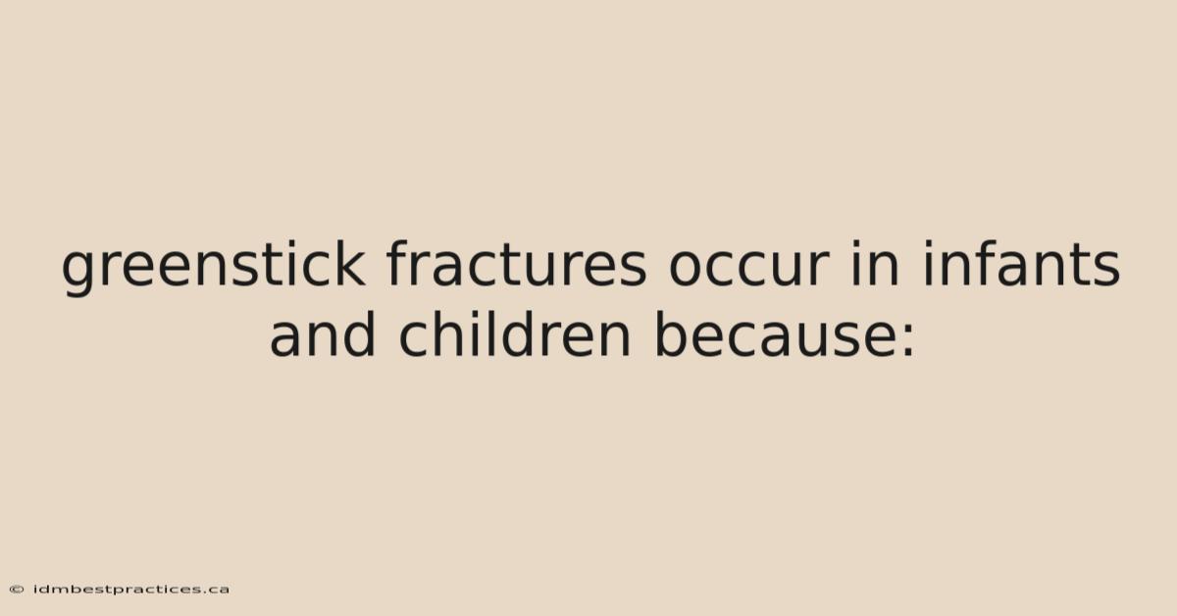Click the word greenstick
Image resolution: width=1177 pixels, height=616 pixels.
[214, 268]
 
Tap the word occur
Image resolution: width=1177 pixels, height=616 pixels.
[748, 268]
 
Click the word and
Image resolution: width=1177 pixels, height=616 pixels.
[323, 334]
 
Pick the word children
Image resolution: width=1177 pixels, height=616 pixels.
[514, 334]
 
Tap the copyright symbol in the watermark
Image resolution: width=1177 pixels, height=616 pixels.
[17, 590]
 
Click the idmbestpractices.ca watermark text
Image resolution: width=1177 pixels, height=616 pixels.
[130, 590]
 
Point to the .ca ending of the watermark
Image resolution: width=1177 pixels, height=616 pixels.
[217, 590]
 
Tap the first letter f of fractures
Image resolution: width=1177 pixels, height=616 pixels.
[398, 263]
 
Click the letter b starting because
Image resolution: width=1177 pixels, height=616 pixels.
[673, 334]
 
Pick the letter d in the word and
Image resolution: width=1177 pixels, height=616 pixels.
[358, 334]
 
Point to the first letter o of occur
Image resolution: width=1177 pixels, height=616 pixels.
[687, 268]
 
